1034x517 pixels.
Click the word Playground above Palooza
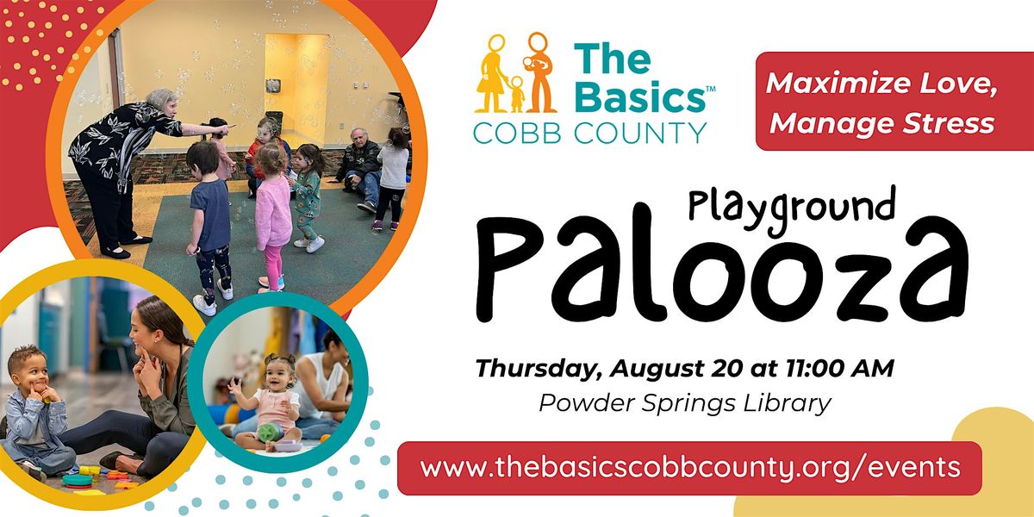[792, 209]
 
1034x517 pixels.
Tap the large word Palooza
[722, 269]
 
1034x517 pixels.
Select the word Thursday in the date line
[539, 370]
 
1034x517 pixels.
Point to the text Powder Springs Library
[685, 403]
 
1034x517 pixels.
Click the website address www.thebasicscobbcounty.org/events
[690, 468]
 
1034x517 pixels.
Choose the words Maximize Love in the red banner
[881, 83]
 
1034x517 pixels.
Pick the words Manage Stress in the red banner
[881, 123]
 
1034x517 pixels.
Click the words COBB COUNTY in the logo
[589, 133]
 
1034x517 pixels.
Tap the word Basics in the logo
[639, 97]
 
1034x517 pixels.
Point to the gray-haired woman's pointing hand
[225, 129]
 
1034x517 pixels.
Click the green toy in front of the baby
[270, 432]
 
